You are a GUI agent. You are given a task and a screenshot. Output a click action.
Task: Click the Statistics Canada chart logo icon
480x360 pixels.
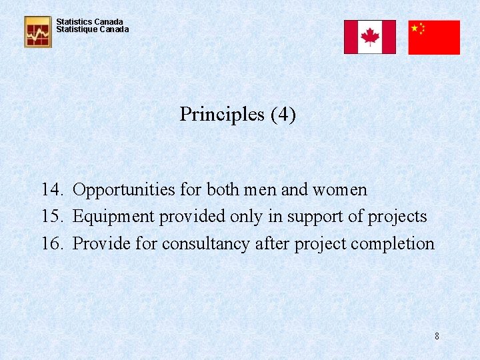click(38, 31)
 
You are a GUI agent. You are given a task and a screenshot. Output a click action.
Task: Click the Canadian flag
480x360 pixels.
click(369, 37)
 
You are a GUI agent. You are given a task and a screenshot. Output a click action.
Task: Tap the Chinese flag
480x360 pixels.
click(434, 37)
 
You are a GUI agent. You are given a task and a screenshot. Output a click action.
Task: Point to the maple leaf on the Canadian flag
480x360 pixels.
click(369, 37)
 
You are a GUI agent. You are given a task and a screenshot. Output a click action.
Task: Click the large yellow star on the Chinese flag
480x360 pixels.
click(415, 28)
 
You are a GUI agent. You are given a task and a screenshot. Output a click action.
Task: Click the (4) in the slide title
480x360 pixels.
click(283, 115)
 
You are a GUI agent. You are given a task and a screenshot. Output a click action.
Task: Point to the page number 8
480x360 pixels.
click(437, 336)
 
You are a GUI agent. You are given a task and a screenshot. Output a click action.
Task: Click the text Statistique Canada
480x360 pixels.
click(93, 30)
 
